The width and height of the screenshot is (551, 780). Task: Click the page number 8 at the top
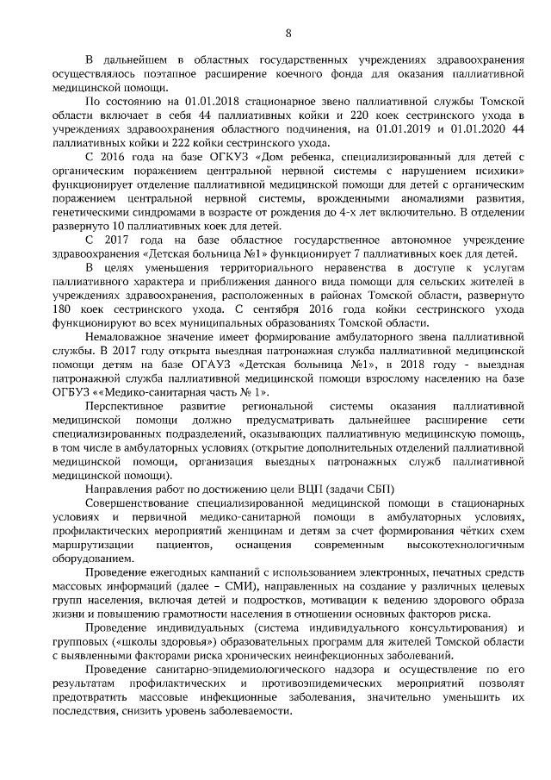coord(288,33)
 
